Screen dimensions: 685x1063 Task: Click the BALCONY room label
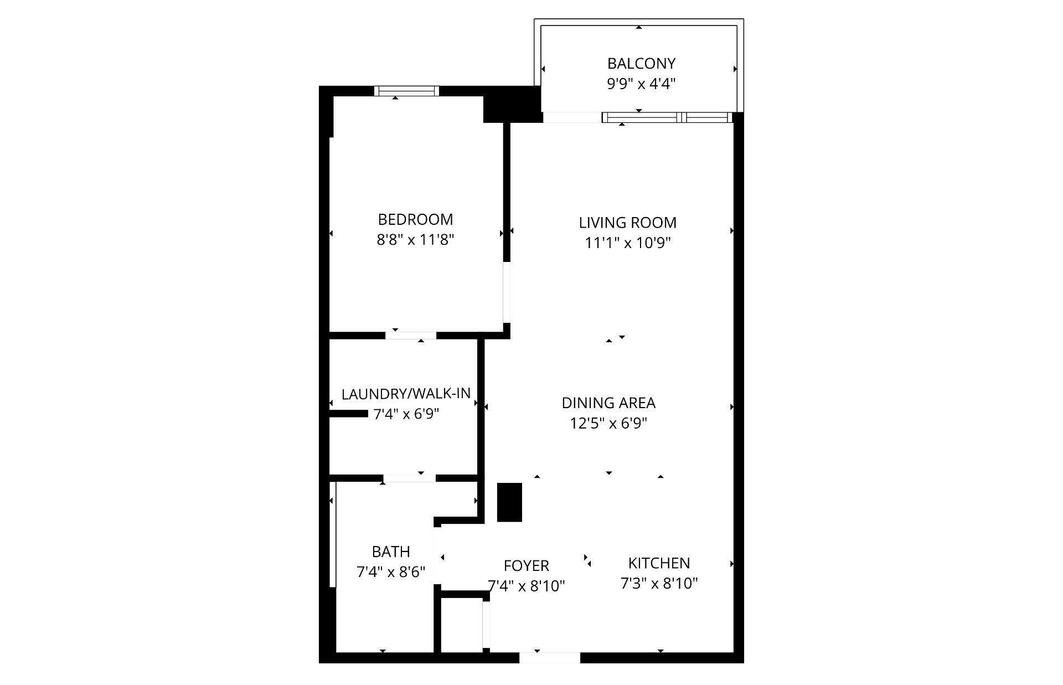click(x=641, y=64)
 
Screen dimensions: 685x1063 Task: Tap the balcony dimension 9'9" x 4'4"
click(x=641, y=84)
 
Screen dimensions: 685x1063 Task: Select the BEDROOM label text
click(x=415, y=220)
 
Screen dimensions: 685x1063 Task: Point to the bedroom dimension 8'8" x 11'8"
click(x=415, y=240)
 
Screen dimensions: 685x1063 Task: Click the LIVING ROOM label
click(x=627, y=223)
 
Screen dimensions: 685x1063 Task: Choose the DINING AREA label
click(x=608, y=403)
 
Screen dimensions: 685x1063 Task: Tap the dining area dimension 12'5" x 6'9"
click(x=608, y=424)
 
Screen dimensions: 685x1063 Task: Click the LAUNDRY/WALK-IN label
click(x=406, y=394)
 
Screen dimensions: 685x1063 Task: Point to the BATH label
click(x=391, y=552)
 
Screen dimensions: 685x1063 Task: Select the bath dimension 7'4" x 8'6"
click(x=391, y=572)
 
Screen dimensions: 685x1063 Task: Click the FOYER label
click(x=526, y=566)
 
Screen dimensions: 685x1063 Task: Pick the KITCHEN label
click(x=659, y=563)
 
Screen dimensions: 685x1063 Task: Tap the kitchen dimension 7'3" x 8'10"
click(x=659, y=584)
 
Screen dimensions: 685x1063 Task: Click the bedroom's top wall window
click(x=406, y=91)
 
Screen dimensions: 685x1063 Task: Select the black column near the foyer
click(x=509, y=502)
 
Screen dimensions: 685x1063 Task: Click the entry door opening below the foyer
click(x=549, y=658)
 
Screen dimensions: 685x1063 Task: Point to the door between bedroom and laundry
click(x=410, y=335)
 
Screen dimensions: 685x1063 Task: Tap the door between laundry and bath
click(x=409, y=478)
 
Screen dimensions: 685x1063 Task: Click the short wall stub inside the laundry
click(x=349, y=414)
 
